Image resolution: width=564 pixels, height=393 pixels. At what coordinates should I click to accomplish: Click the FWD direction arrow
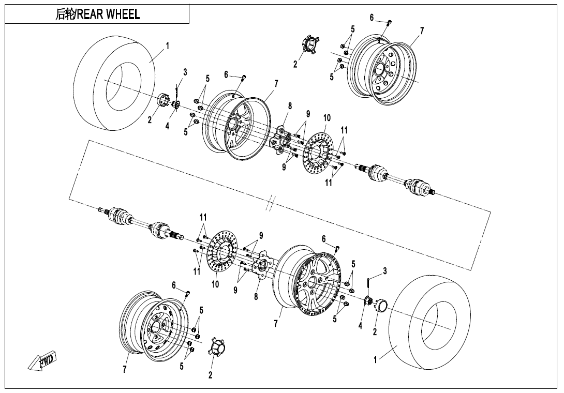(42, 361)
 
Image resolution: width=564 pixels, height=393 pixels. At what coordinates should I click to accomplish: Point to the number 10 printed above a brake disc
(326, 118)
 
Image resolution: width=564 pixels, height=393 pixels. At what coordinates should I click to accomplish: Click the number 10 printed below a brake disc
(215, 284)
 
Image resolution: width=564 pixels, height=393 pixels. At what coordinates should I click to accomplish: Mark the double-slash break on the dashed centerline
(269, 204)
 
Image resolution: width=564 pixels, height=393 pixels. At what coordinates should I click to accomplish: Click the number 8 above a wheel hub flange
(290, 106)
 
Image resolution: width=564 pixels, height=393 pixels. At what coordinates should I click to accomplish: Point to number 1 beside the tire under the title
(167, 46)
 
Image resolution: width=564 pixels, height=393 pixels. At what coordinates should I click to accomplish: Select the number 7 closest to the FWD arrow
(125, 369)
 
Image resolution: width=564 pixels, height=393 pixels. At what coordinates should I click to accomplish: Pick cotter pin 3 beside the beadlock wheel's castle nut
(368, 282)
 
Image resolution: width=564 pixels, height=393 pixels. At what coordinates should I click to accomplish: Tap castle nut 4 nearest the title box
(176, 105)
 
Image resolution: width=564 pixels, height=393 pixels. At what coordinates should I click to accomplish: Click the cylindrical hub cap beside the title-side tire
(164, 101)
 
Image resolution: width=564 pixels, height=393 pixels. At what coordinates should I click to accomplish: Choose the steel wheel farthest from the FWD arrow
(383, 70)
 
